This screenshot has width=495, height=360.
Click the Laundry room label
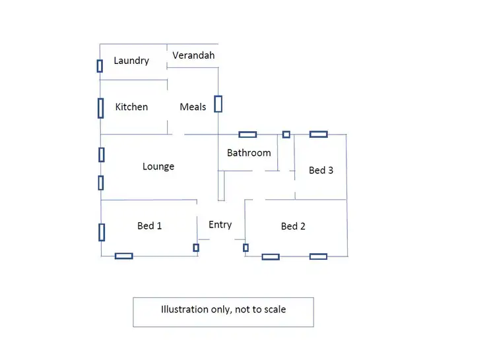pos(131,61)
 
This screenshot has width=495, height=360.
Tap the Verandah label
pos(193,55)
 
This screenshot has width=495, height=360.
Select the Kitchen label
pos(131,107)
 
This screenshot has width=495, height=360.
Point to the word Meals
pos(193,107)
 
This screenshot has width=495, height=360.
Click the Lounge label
pos(158,166)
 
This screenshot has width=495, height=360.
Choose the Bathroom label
pos(249,153)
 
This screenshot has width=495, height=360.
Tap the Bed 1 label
pos(150,225)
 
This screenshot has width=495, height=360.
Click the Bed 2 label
pos(293,226)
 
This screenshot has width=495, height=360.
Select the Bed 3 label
pos(321,170)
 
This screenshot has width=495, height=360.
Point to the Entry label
pos(220,225)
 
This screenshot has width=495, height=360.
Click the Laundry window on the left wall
pos(100,66)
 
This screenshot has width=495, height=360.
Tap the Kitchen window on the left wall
pos(100,107)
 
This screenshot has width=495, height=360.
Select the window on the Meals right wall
pos(218,104)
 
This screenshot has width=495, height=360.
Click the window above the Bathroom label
pos(247,135)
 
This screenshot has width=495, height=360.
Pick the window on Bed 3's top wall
pos(319,134)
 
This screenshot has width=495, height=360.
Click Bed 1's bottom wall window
pos(123,256)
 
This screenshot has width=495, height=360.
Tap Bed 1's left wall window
pos(102,232)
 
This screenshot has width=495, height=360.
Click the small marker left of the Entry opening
pos(195,248)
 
